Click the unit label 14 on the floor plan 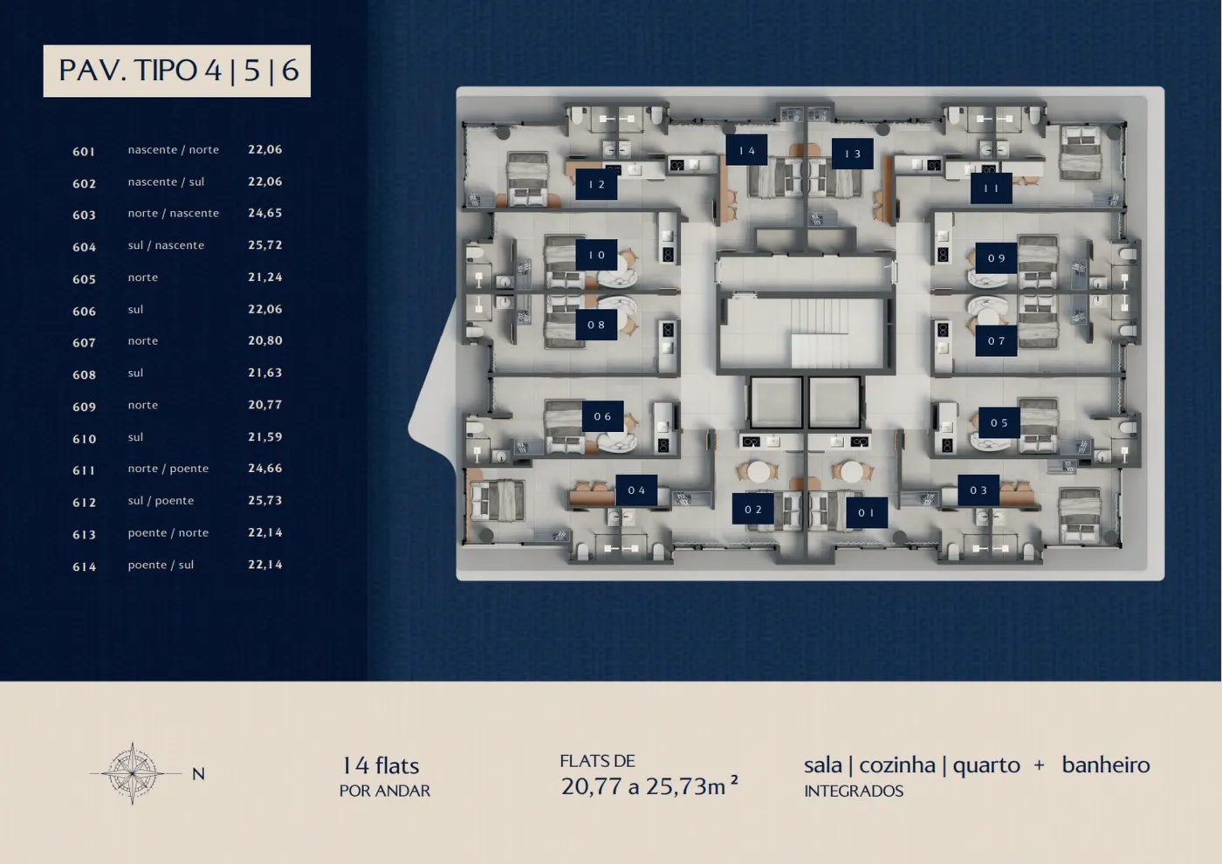click(x=746, y=150)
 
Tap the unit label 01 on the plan click(x=867, y=513)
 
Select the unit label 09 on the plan click(x=996, y=258)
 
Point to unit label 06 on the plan click(x=603, y=417)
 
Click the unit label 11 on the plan click(x=992, y=189)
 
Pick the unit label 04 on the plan click(x=636, y=490)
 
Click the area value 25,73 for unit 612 click(x=265, y=501)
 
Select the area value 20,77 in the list click(x=265, y=405)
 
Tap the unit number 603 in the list click(x=84, y=215)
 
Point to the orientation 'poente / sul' click(x=161, y=566)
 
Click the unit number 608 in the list click(x=84, y=374)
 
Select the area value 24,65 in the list click(x=265, y=213)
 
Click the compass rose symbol click(x=133, y=773)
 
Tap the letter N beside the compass click(x=199, y=774)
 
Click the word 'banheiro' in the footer click(x=1106, y=765)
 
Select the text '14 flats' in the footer click(x=381, y=766)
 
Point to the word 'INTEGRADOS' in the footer click(x=854, y=791)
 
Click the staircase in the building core click(x=820, y=333)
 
